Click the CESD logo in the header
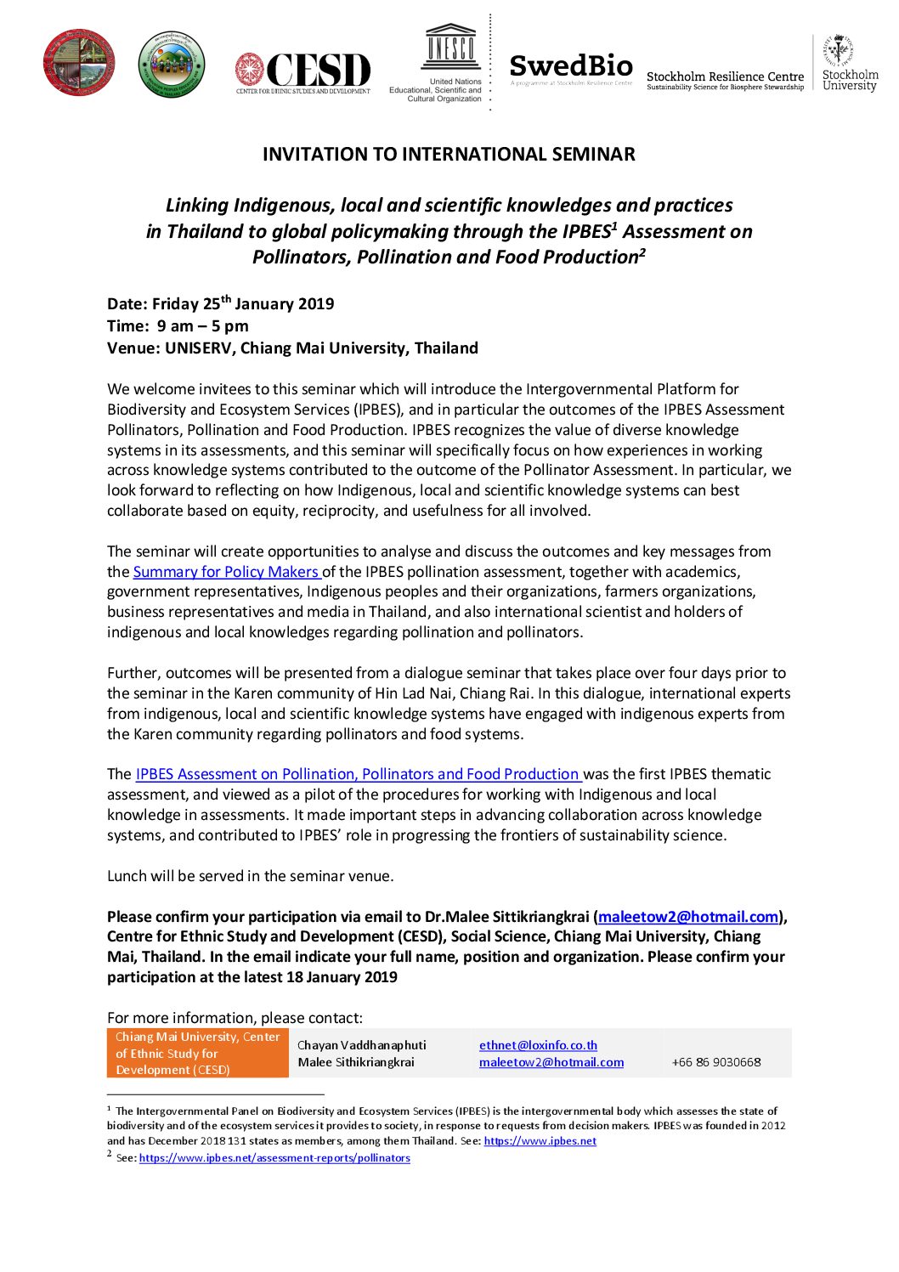pyautogui.click(x=303, y=71)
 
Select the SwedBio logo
pyautogui.click(x=571, y=67)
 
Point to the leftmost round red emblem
pyautogui.click(x=79, y=62)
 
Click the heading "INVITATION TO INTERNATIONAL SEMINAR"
pyautogui.click(x=449, y=154)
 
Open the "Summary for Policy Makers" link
pyautogui.click(x=227, y=572)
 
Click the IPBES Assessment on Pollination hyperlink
pyautogui.click(x=358, y=774)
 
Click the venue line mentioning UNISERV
pyautogui.click(x=292, y=348)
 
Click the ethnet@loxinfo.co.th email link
pyautogui.click(x=538, y=1045)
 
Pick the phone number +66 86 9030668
pyautogui.click(x=715, y=1062)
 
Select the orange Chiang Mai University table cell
pyautogui.click(x=197, y=1053)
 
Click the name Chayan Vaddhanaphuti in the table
pyautogui.click(x=361, y=1045)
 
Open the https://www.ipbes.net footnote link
pyautogui.click(x=540, y=1141)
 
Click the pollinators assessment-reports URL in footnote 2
pyautogui.click(x=274, y=1158)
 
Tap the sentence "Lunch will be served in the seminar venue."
pyautogui.click(x=251, y=876)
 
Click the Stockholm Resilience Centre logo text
pyautogui.click(x=725, y=80)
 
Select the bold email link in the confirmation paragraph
pyautogui.click(x=688, y=917)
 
